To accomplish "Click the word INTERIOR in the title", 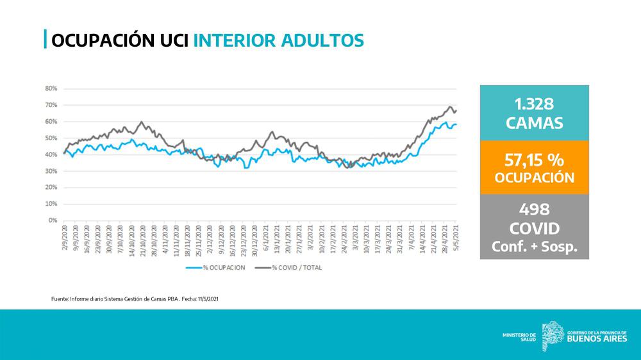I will tap(235, 40).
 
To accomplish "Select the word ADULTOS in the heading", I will tap(323, 40).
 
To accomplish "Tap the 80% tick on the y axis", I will tap(51, 88).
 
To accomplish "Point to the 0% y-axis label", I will tap(53, 220).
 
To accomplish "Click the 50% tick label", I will tap(51, 138).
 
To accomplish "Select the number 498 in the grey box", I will tap(534, 209).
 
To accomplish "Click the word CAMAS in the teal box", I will tap(534, 122).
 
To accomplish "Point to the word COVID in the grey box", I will tap(534, 229).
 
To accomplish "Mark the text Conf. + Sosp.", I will tap(534, 247).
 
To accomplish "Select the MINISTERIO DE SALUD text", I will tap(519, 337).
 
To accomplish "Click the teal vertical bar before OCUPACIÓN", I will tap(45, 40).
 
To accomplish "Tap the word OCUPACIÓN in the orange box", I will tap(534, 177).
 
